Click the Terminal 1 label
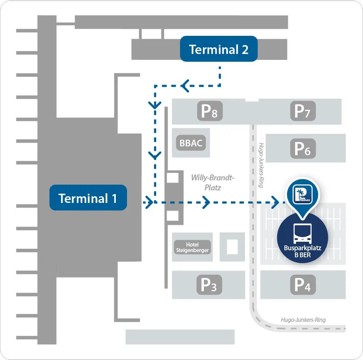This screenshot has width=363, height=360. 88,198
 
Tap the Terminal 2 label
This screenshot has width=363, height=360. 219,49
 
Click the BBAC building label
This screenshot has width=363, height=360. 191,143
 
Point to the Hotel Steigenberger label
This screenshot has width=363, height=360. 192,247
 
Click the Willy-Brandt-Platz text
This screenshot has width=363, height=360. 213,183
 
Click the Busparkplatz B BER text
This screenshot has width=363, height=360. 302,252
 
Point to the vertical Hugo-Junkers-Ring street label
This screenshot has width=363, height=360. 261,165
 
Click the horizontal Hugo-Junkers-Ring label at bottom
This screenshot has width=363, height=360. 303,320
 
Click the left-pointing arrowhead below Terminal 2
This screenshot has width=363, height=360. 185,86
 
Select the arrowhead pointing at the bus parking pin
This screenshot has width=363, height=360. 275,202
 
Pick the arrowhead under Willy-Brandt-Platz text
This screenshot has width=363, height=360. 206,202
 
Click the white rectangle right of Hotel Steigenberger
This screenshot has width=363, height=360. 232,247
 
